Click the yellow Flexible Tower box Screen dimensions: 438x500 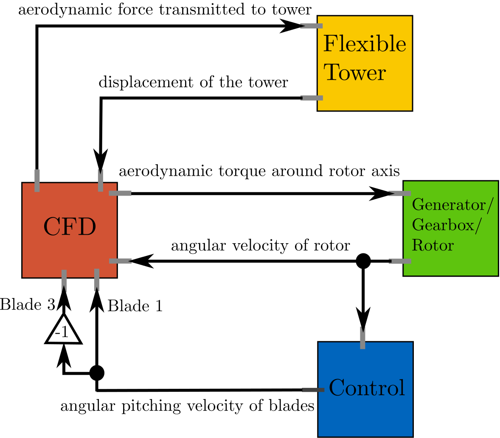click(x=365, y=63)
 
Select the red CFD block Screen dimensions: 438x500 click(x=70, y=230)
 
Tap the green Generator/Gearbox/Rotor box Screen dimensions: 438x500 click(x=450, y=228)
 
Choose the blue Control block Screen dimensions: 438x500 click(x=365, y=389)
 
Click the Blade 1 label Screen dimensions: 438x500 click(x=135, y=306)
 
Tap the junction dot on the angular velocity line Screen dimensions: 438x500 click(x=363, y=261)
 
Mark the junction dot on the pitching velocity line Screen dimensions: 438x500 click(x=97, y=373)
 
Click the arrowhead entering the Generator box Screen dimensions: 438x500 click(x=382, y=193)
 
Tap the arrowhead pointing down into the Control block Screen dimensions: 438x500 click(x=363, y=318)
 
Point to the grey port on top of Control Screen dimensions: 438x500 click(x=362, y=338)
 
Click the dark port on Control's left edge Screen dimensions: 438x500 click(x=312, y=390)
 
